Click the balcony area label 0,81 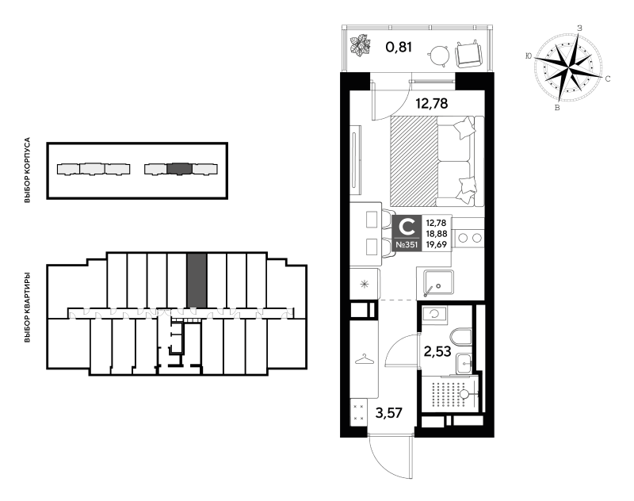[x=399, y=48]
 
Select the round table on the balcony [x=439, y=55]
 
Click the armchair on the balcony [x=469, y=54]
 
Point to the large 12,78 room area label [x=432, y=104]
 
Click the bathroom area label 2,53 [x=437, y=351]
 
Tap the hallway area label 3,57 [x=389, y=413]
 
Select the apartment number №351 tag [x=407, y=245]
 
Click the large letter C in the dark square [x=407, y=227]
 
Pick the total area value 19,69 [x=437, y=244]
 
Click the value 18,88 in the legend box [x=437, y=234]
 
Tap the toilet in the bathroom [x=460, y=337]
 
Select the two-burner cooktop [x=470, y=238]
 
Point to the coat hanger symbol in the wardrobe [x=364, y=359]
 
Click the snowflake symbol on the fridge [x=365, y=285]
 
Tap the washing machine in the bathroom [x=434, y=314]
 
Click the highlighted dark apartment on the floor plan [x=197, y=281]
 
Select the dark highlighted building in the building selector [x=179, y=169]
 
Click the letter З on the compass [x=579, y=29]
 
